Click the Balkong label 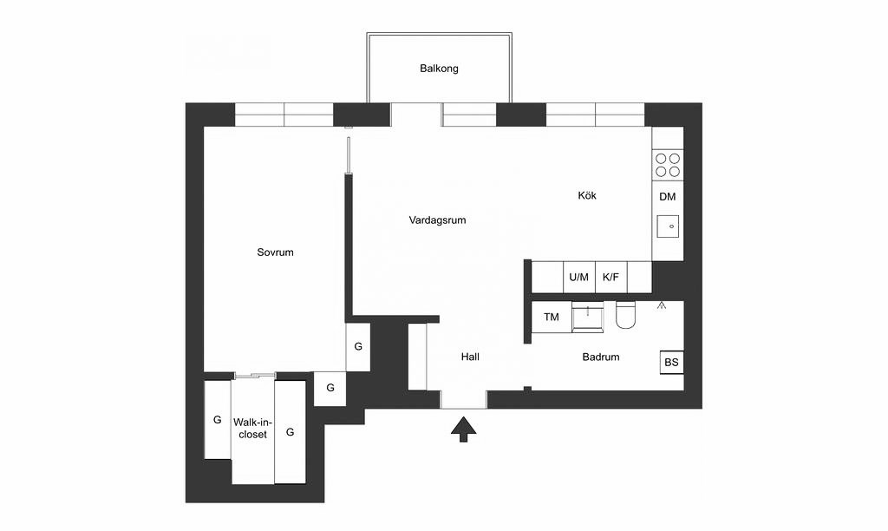tap(439, 69)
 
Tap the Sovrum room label tap(275, 252)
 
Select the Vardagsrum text tap(437, 220)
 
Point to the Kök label tap(587, 195)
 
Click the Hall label tap(470, 357)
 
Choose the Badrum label tap(601, 357)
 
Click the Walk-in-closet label tap(252, 429)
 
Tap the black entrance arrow tap(464, 429)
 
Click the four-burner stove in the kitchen tap(668, 165)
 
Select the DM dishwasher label tap(668, 197)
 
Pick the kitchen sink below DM tap(669, 226)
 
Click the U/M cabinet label tap(578, 277)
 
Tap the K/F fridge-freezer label tap(611, 277)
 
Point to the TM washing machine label tap(551, 318)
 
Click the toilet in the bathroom tap(627, 315)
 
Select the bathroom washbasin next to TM tap(587, 317)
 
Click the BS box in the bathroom tap(672, 362)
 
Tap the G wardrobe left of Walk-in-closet tap(218, 420)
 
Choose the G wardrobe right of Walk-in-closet tap(290, 432)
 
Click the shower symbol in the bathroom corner tap(661, 306)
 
